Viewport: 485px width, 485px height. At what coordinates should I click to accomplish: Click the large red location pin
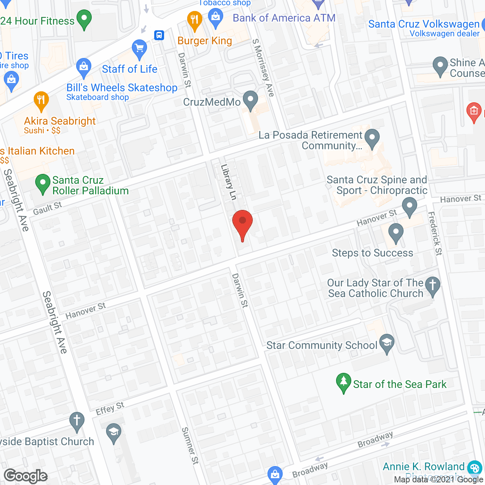[x=242, y=224]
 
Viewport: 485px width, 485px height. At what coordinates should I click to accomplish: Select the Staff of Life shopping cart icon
[x=139, y=49]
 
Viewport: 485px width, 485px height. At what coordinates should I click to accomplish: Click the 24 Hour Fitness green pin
[x=84, y=19]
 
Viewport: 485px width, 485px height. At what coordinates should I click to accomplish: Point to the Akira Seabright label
[x=60, y=121]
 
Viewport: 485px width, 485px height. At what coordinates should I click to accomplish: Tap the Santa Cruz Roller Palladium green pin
[x=43, y=184]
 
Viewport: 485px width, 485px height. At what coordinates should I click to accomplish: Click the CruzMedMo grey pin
[x=250, y=100]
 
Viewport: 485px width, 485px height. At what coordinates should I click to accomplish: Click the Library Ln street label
[x=228, y=182]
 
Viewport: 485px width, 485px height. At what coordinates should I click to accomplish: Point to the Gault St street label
[x=47, y=208]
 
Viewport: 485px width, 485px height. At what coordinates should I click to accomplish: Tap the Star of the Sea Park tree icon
[x=344, y=383]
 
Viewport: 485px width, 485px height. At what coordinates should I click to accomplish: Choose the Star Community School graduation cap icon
[x=386, y=343]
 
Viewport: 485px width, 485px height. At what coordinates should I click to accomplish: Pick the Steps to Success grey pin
[x=396, y=233]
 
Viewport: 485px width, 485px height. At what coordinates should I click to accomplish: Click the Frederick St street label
[x=435, y=233]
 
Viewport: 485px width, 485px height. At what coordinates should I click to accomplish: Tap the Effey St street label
[x=110, y=408]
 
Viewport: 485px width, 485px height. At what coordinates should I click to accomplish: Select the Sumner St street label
[x=190, y=446]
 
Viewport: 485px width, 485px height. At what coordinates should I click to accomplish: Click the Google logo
[x=26, y=476]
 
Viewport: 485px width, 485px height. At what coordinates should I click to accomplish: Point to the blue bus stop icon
[x=159, y=35]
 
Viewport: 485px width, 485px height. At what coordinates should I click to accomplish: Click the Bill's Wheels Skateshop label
[x=122, y=88]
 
